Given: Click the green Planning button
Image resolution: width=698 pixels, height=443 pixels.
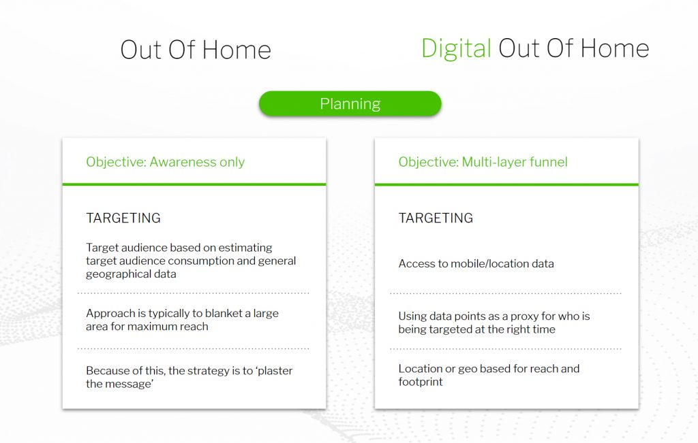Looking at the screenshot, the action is tap(350, 103).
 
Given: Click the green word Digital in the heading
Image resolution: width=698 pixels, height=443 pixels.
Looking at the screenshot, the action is tap(456, 49).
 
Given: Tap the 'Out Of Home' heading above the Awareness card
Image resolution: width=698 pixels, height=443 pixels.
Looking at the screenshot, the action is tap(196, 50).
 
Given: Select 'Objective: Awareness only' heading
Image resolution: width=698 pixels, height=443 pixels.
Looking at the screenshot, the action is tap(165, 162).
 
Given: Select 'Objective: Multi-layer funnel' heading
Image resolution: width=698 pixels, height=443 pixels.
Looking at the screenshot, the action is tap(483, 162).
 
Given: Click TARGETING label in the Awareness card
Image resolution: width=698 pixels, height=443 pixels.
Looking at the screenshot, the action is tap(123, 218).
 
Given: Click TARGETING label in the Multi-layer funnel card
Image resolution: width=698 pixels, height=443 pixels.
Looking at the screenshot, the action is tap(436, 218).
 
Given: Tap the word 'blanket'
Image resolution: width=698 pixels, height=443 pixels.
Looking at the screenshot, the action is tap(224, 313).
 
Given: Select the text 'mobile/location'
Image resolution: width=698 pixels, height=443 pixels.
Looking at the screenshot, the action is tap(489, 264).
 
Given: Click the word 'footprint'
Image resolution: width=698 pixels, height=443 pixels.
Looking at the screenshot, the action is tap(421, 382).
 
